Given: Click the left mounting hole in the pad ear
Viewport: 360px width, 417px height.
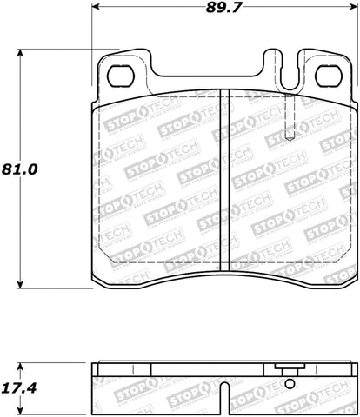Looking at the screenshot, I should point(117,76).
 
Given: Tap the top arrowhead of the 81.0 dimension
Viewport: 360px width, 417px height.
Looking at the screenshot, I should point(22,54).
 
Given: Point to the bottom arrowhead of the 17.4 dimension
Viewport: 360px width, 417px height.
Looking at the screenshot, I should point(22,403).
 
